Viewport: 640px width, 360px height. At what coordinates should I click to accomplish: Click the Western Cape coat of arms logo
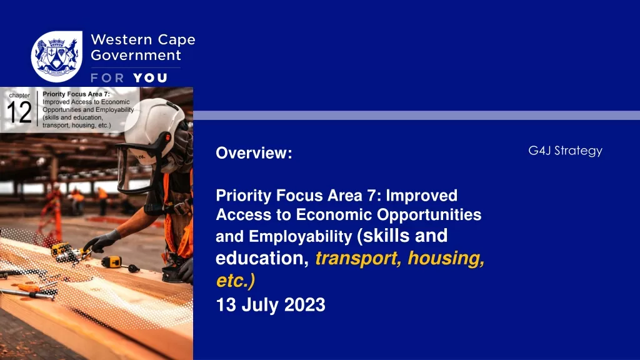(57, 56)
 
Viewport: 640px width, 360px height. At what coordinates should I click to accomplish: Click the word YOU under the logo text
(150, 78)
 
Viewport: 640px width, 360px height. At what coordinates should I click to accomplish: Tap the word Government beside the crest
(136, 55)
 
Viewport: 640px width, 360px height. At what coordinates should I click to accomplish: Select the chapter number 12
(19, 112)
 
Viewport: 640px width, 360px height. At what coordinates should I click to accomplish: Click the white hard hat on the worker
(157, 124)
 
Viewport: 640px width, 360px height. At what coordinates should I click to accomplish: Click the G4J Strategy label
(565, 151)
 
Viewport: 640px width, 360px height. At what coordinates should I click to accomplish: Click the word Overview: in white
(254, 153)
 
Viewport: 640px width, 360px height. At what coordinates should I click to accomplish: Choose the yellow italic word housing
(446, 258)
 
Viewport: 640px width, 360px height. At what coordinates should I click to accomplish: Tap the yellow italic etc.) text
(236, 281)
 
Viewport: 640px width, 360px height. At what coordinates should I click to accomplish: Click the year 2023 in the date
(304, 305)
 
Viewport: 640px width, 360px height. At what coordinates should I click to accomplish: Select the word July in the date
(259, 305)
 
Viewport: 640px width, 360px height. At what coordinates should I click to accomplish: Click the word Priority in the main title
(243, 196)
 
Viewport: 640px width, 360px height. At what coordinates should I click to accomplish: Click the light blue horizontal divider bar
(416, 116)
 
